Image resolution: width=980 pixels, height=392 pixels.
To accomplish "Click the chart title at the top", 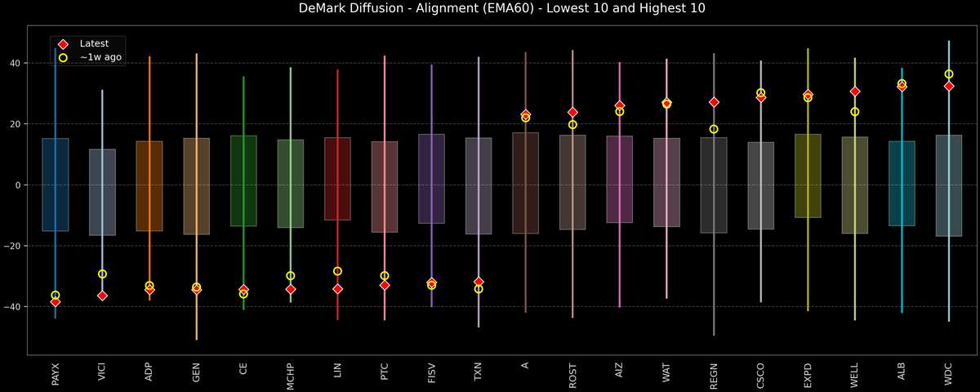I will [490, 9].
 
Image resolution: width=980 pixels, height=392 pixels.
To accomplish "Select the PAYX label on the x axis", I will [56, 374].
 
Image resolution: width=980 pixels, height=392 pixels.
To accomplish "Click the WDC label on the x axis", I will [949, 373].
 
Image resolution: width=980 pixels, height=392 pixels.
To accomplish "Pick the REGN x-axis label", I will [714, 374].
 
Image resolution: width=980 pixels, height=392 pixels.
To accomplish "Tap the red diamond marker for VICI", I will [102, 296].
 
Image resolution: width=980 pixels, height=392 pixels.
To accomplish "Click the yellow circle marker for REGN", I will [714, 129].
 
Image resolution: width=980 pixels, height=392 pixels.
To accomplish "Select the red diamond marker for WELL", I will [855, 91].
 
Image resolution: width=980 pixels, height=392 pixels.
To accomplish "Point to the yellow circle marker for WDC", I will [949, 74].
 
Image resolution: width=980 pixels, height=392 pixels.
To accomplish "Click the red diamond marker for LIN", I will [337, 288].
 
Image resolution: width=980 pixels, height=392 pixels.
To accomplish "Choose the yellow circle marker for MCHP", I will [291, 276].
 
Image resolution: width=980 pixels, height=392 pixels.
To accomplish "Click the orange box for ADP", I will [149, 186].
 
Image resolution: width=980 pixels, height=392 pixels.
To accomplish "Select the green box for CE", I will [243, 180].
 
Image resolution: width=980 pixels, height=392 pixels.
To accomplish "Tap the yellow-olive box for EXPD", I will [808, 176].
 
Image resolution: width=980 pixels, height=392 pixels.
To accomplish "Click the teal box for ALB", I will [902, 183].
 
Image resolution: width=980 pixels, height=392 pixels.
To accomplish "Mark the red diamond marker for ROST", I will [572, 112].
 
